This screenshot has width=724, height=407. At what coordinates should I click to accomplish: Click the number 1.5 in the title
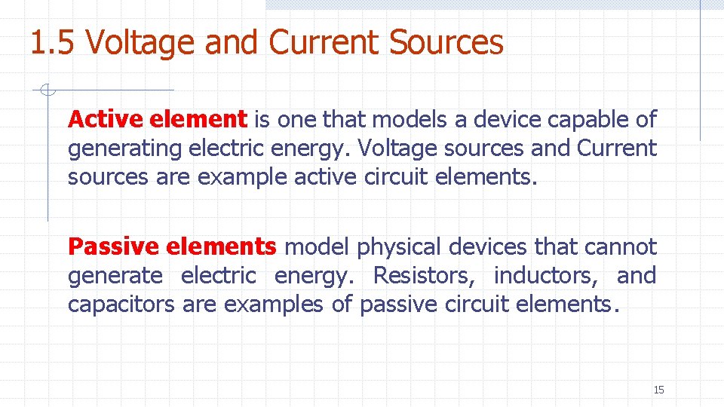(54, 42)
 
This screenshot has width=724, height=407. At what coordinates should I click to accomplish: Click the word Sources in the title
(446, 42)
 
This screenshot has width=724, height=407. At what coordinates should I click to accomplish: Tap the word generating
(124, 148)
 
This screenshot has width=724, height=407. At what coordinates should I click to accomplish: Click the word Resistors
(424, 276)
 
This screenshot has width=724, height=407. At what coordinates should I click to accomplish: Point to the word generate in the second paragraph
(115, 277)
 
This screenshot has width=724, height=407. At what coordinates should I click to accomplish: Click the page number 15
(658, 390)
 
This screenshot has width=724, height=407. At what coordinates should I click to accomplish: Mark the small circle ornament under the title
(48, 91)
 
